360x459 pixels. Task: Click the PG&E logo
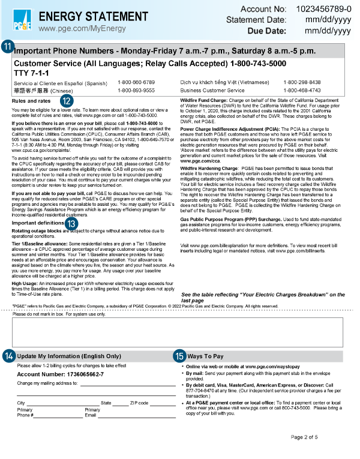coord(22,22)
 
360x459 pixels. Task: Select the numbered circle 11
coord(7,47)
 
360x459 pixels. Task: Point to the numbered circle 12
coord(67,101)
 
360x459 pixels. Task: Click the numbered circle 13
coord(72,223)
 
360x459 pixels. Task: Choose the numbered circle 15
coord(180,356)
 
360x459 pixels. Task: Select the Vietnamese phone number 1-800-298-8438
coord(319,82)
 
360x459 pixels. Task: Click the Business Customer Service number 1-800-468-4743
coord(319,90)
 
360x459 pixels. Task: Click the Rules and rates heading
coord(31,101)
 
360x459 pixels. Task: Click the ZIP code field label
coord(139,403)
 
